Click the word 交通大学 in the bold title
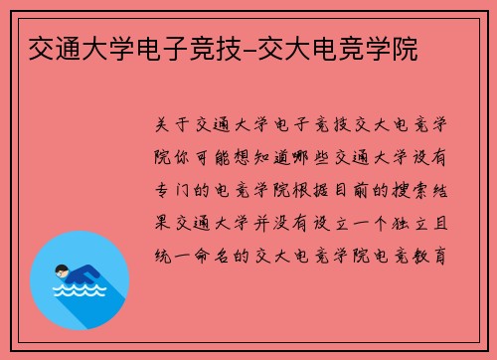(70, 47)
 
